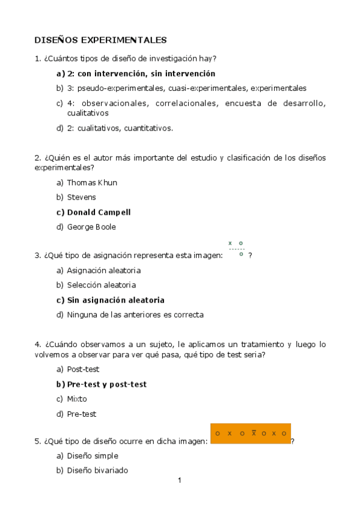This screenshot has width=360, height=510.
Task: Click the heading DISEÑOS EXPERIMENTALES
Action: pos(100,40)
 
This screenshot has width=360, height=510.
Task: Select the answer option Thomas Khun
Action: pos(92,182)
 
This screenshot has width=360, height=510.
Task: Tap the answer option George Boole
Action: pos(91,227)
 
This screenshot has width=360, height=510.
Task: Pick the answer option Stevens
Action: pos(81,197)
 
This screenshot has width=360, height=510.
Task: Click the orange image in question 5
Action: pos(251,434)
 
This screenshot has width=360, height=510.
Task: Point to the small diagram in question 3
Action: pos(237,248)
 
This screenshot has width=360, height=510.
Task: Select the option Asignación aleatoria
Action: pos(103,270)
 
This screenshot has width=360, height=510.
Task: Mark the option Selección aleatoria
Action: pos(101,285)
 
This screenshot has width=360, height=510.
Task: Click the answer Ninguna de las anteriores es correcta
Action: pos(135,315)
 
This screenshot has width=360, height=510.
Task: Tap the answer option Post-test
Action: pos(83,369)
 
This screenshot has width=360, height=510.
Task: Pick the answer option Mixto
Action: pos(77,399)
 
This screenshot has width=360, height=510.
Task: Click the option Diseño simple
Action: pos(93,456)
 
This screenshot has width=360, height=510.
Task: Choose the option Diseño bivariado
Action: pos(97,471)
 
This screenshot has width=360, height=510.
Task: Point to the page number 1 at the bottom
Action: pos(180,481)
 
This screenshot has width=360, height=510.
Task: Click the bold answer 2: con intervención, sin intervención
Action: pos(141,73)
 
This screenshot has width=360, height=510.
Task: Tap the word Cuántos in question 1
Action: pos(61,58)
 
